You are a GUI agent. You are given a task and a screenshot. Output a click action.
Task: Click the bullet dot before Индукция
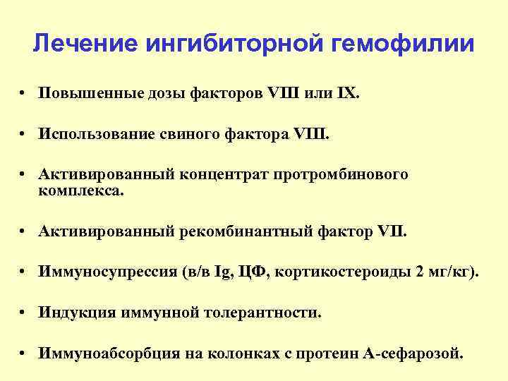click(24, 313)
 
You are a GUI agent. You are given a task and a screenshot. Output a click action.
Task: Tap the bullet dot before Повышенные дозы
click(24, 95)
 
